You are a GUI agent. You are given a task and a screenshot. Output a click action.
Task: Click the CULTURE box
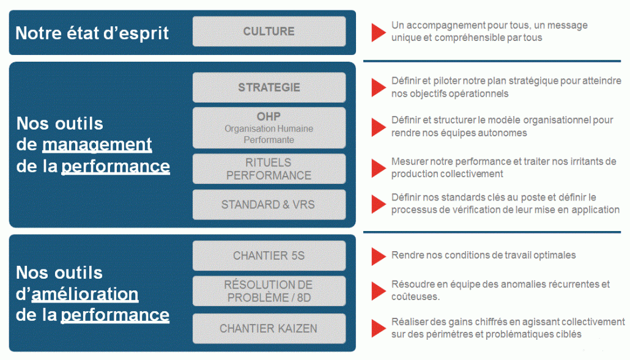(x=269, y=31)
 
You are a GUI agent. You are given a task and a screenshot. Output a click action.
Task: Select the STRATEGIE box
(x=269, y=87)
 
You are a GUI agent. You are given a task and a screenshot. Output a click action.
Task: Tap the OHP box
(x=269, y=128)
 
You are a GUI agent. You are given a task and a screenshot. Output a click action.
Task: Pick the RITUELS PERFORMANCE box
(x=269, y=169)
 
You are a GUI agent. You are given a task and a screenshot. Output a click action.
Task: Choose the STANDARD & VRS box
(x=269, y=205)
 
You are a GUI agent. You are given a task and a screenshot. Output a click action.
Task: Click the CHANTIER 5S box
(x=269, y=255)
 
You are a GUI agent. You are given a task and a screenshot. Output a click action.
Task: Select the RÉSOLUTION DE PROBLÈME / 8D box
(x=269, y=291)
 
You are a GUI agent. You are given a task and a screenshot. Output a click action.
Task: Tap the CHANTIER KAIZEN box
(x=269, y=328)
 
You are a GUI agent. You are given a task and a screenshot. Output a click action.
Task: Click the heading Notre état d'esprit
(x=92, y=33)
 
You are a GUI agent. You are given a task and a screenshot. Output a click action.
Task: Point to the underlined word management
(x=97, y=145)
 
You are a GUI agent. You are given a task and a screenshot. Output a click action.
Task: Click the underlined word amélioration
(x=85, y=294)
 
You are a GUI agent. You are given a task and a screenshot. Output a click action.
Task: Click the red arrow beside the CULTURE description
(x=378, y=32)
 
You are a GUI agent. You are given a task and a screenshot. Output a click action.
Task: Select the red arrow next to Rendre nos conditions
(x=378, y=256)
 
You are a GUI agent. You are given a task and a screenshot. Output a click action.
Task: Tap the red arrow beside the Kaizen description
(x=378, y=328)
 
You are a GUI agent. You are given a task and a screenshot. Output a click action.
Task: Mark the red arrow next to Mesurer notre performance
(x=378, y=168)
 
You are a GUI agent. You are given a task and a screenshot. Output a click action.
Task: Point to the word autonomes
(x=504, y=133)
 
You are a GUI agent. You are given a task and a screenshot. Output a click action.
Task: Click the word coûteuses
(x=415, y=296)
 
